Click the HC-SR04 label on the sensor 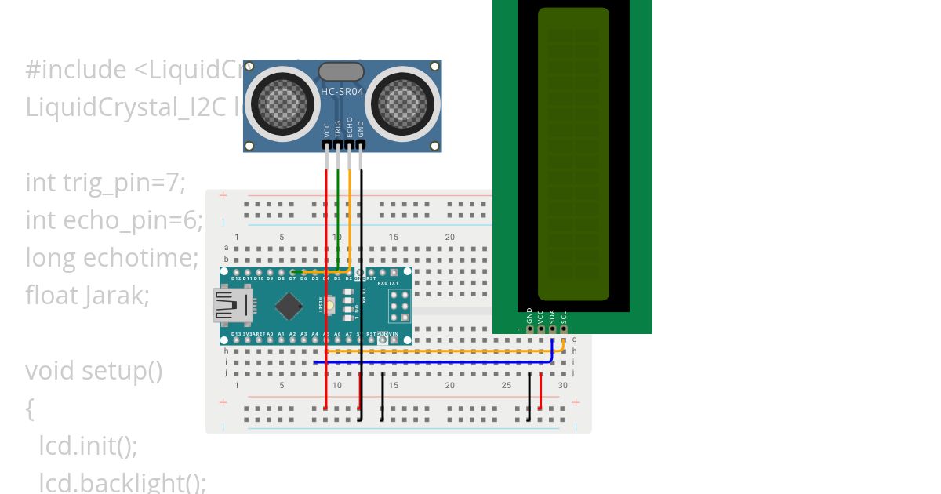(342, 92)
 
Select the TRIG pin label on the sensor (338, 129)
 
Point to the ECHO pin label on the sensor (349, 129)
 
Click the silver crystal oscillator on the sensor (341, 72)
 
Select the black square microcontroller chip (289, 306)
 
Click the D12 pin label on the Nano (236, 278)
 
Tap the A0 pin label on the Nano (270, 334)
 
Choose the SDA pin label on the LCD (552, 316)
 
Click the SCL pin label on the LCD (564, 316)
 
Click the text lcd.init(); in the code (89, 445)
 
